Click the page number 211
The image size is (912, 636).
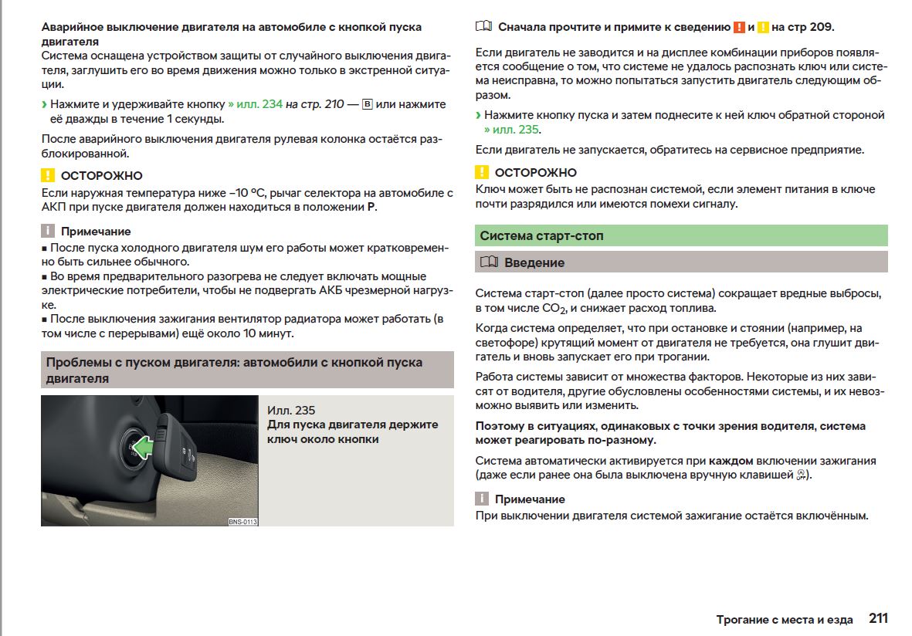878,618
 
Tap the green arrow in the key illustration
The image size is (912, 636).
142,446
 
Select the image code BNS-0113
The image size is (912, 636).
242,522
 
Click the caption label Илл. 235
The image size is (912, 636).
291,411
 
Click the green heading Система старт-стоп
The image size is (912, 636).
541,235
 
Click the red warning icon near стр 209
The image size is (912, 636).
739,27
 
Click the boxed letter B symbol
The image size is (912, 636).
367,104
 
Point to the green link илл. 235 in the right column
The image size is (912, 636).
511,130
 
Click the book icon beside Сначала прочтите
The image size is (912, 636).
483,27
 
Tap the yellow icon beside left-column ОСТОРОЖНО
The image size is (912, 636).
48,175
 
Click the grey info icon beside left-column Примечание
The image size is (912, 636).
48,231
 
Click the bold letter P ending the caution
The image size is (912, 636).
371,207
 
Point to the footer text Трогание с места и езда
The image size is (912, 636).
784,620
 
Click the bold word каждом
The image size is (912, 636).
731,461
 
